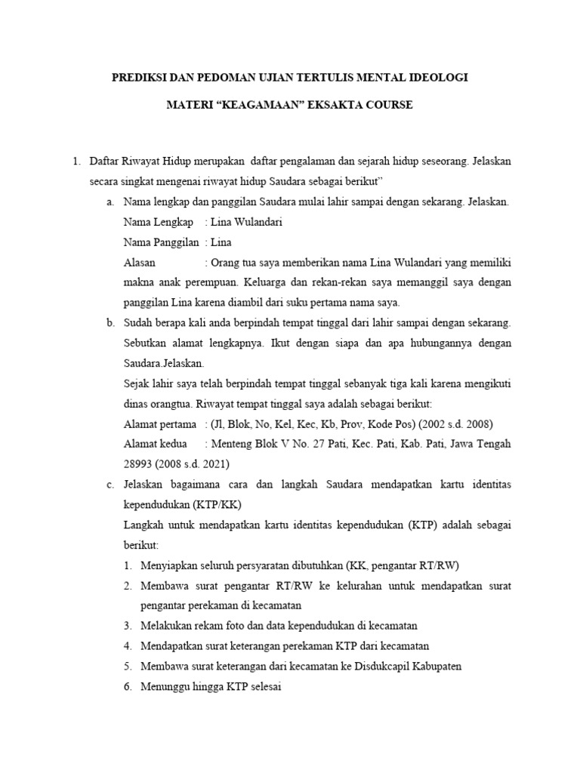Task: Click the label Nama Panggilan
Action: click(160, 243)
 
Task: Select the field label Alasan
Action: click(139, 263)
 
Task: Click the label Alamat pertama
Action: click(159, 424)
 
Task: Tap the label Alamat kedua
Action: click(155, 444)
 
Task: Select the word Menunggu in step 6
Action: click(165, 687)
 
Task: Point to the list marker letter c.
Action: click(111, 484)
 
